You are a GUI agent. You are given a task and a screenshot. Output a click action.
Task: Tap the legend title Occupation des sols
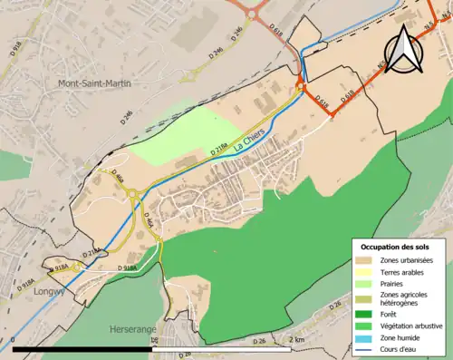(395, 247)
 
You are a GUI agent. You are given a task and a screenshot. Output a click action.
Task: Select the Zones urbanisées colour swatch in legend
(366, 260)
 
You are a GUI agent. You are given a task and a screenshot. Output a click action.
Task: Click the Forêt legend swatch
(366, 315)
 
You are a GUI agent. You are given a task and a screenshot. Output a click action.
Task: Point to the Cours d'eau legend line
(366, 348)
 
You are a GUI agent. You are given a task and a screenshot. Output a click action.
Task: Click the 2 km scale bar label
(296, 339)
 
